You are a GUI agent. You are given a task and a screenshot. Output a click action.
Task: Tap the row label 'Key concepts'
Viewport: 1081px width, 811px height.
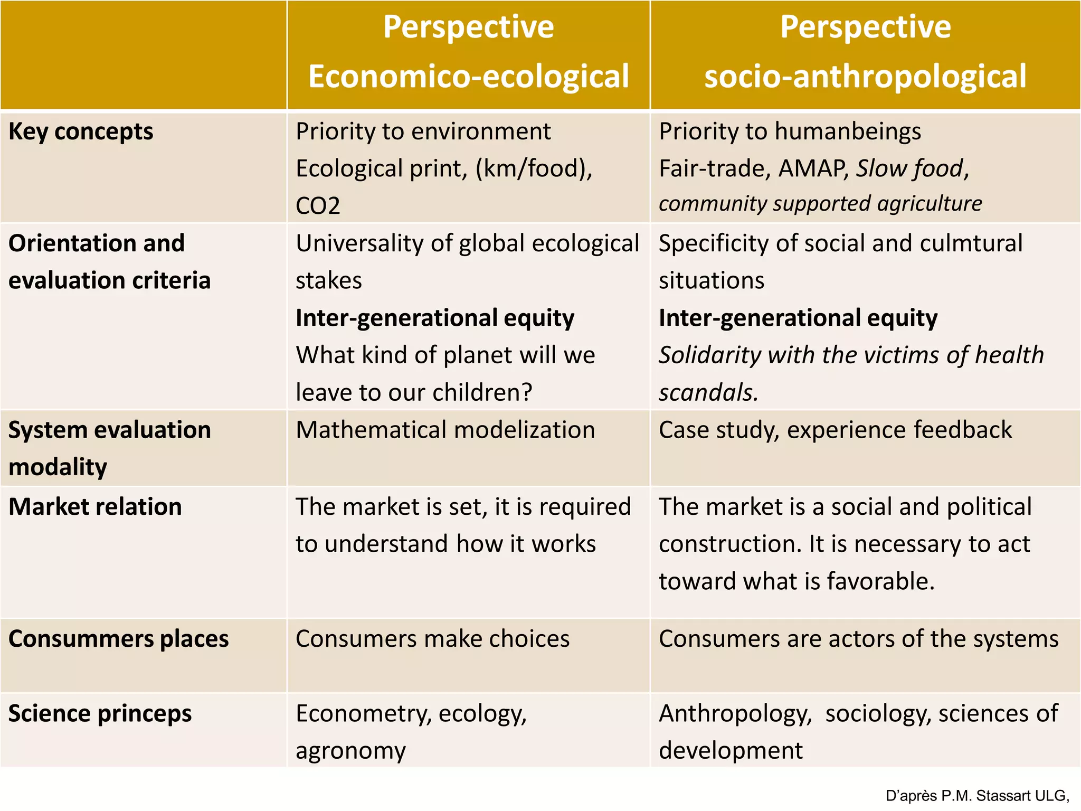tap(81, 131)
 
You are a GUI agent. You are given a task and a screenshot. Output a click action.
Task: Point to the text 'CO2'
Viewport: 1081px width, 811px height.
tap(318, 206)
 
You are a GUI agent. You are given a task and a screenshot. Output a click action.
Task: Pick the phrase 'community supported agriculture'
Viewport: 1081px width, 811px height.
tap(820, 204)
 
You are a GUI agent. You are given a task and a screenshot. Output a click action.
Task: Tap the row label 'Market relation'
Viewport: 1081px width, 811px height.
tap(95, 507)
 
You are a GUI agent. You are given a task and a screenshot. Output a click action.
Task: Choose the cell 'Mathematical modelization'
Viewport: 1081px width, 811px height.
tap(445, 430)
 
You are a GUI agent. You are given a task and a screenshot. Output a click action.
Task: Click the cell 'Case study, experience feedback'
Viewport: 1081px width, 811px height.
tap(835, 430)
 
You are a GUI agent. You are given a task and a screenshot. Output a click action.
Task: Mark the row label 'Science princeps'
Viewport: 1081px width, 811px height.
tap(100, 714)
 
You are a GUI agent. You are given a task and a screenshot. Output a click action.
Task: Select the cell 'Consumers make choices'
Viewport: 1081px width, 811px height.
tap(432, 639)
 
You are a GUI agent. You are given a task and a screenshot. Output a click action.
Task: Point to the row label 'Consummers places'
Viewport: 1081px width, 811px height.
tap(118, 639)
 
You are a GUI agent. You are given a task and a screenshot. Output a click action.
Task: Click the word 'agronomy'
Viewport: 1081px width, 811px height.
tap(350, 751)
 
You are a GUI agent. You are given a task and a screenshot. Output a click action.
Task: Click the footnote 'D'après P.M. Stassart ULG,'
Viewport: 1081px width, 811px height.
tap(977, 796)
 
